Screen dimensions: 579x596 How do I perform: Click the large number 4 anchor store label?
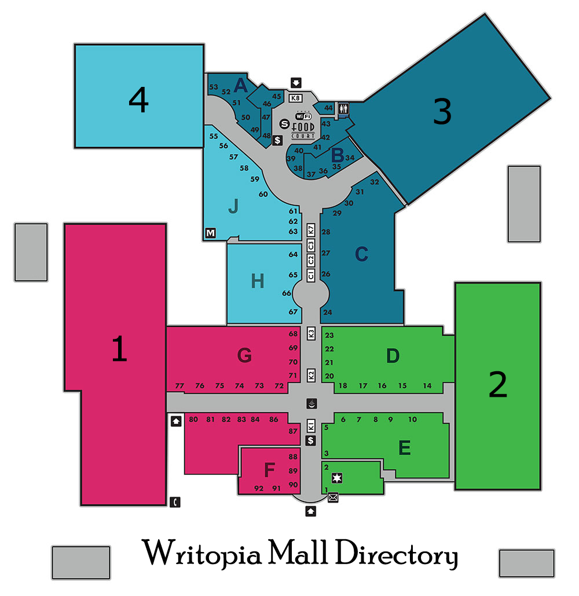(139, 100)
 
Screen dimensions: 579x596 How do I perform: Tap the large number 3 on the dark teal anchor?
(442, 111)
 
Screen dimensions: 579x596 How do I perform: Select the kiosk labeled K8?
(295, 98)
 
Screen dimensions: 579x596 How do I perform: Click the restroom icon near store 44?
(343, 109)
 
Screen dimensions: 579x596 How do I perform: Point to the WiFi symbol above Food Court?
(303, 116)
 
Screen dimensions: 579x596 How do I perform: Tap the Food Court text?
(303, 130)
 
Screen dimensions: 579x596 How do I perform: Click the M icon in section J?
(211, 233)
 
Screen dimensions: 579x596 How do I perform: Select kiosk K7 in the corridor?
(311, 230)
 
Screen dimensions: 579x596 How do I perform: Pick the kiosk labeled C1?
(311, 275)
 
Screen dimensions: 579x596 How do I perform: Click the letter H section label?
(258, 281)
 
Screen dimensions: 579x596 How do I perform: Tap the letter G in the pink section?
(244, 356)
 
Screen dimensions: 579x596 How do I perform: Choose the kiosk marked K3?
(311, 334)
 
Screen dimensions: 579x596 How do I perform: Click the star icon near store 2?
(337, 478)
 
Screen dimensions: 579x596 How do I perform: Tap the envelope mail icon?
(333, 497)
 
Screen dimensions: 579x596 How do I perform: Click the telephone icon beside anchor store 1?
(175, 502)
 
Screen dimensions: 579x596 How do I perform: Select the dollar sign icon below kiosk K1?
(311, 441)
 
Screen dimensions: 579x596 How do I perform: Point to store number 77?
(179, 386)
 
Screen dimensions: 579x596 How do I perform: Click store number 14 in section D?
(427, 386)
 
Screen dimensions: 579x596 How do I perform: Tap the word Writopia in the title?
(202, 553)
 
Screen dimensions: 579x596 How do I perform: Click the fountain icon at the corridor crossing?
(312, 404)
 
